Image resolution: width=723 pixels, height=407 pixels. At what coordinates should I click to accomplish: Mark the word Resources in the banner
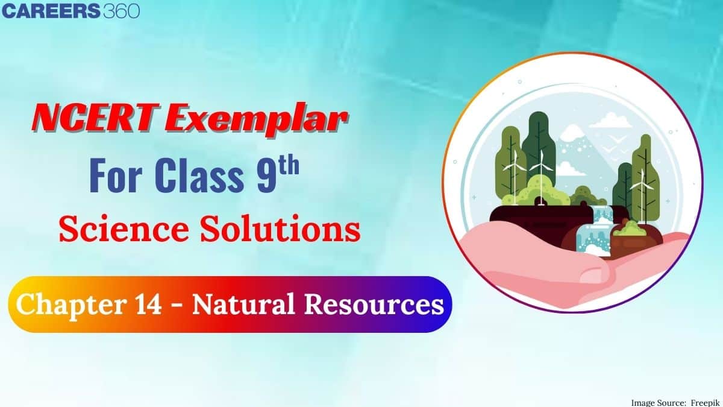[x=371, y=305]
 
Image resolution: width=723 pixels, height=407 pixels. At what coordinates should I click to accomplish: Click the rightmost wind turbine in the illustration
[x=641, y=184]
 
